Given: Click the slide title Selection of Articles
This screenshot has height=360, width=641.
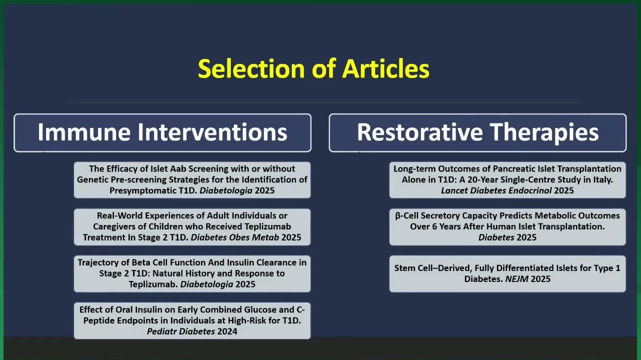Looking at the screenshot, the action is pos(313,68).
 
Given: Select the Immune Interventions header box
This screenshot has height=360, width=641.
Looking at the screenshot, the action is pos(162,133).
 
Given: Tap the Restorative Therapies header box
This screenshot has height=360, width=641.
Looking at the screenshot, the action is pos(477,133).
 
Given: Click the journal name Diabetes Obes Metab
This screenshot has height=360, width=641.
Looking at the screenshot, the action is pos(234,237).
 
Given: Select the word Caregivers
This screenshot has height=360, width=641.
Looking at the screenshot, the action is pos(113,226).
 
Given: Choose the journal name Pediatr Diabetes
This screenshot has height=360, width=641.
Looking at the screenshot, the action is pos(181,331).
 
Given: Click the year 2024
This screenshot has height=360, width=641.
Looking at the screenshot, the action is pos(227,331).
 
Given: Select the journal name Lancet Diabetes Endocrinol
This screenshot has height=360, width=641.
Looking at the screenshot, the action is pos(496,190).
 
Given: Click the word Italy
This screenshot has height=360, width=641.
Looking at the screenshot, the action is pos(602,180).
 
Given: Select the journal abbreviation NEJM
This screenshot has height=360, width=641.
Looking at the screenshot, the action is pos(517,279).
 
